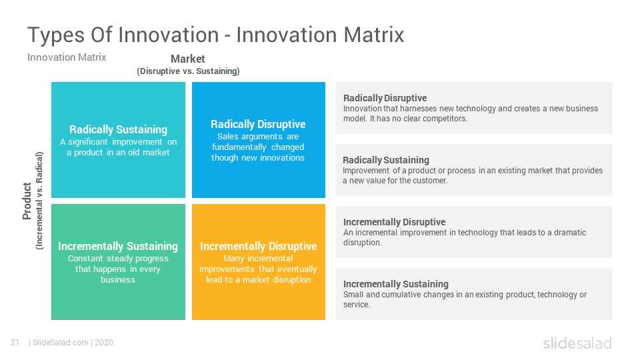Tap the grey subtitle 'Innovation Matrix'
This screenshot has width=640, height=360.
pyautogui.click(x=67, y=57)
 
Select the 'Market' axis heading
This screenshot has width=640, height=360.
pyautogui.click(x=188, y=59)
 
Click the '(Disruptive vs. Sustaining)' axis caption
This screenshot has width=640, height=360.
pyautogui.click(x=188, y=71)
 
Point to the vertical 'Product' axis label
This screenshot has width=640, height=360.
pyautogui.click(x=27, y=201)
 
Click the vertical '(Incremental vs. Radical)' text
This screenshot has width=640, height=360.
pyautogui.click(x=39, y=201)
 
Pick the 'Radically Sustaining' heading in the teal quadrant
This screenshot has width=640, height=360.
pyautogui.click(x=119, y=129)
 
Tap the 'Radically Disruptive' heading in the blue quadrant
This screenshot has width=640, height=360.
pyautogui.click(x=258, y=124)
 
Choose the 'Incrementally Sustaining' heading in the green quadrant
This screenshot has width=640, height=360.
pyautogui.click(x=118, y=246)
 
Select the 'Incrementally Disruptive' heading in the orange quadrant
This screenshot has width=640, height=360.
pyautogui.click(x=259, y=246)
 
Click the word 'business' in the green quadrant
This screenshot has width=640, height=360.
pyautogui.click(x=118, y=279)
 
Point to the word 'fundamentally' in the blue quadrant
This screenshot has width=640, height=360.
pyautogui.click(x=239, y=147)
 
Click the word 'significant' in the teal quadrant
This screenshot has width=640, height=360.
pyautogui.click(x=88, y=142)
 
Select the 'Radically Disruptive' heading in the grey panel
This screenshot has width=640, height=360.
pyautogui.click(x=385, y=98)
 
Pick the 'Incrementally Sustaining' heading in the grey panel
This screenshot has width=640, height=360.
pyautogui.click(x=396, y=284)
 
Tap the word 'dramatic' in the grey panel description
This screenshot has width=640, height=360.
pyautogui.click(x=570, y=233)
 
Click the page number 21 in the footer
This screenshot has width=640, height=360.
pyautogui.click(x=15, y=343)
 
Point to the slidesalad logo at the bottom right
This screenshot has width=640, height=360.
pyautogui.click(x=577, y=343)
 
